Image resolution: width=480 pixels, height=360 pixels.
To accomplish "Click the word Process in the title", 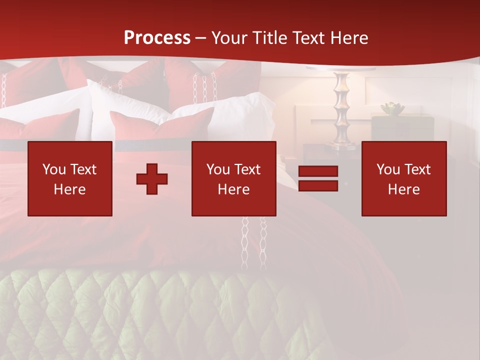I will tap(157, 38).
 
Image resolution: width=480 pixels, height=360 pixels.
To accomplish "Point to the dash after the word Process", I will tap(201, 38).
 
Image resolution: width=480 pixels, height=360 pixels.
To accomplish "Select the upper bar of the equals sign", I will tap(318, 171).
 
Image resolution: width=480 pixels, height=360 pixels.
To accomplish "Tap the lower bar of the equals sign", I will tap(318, 185).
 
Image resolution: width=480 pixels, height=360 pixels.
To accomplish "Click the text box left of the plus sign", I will tap(70, 178).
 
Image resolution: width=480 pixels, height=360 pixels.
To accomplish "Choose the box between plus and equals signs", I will tap(233, 178).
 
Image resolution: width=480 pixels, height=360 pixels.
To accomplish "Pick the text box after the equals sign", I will tap(403, 178).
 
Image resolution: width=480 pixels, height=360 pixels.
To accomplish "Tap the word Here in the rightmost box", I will tap(403, 189).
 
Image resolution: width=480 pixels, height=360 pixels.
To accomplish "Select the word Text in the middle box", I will tap(247, 169).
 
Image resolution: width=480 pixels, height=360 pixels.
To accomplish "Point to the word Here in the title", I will tap(350, 38).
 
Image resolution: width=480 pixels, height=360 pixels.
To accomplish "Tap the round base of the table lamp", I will tap(342, 146).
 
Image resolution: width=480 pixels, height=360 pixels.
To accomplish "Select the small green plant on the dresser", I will tap(392, 108).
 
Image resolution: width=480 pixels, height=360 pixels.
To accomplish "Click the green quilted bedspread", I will tap(150, 315).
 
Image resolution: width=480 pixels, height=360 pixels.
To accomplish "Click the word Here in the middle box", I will tap(233, 189).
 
